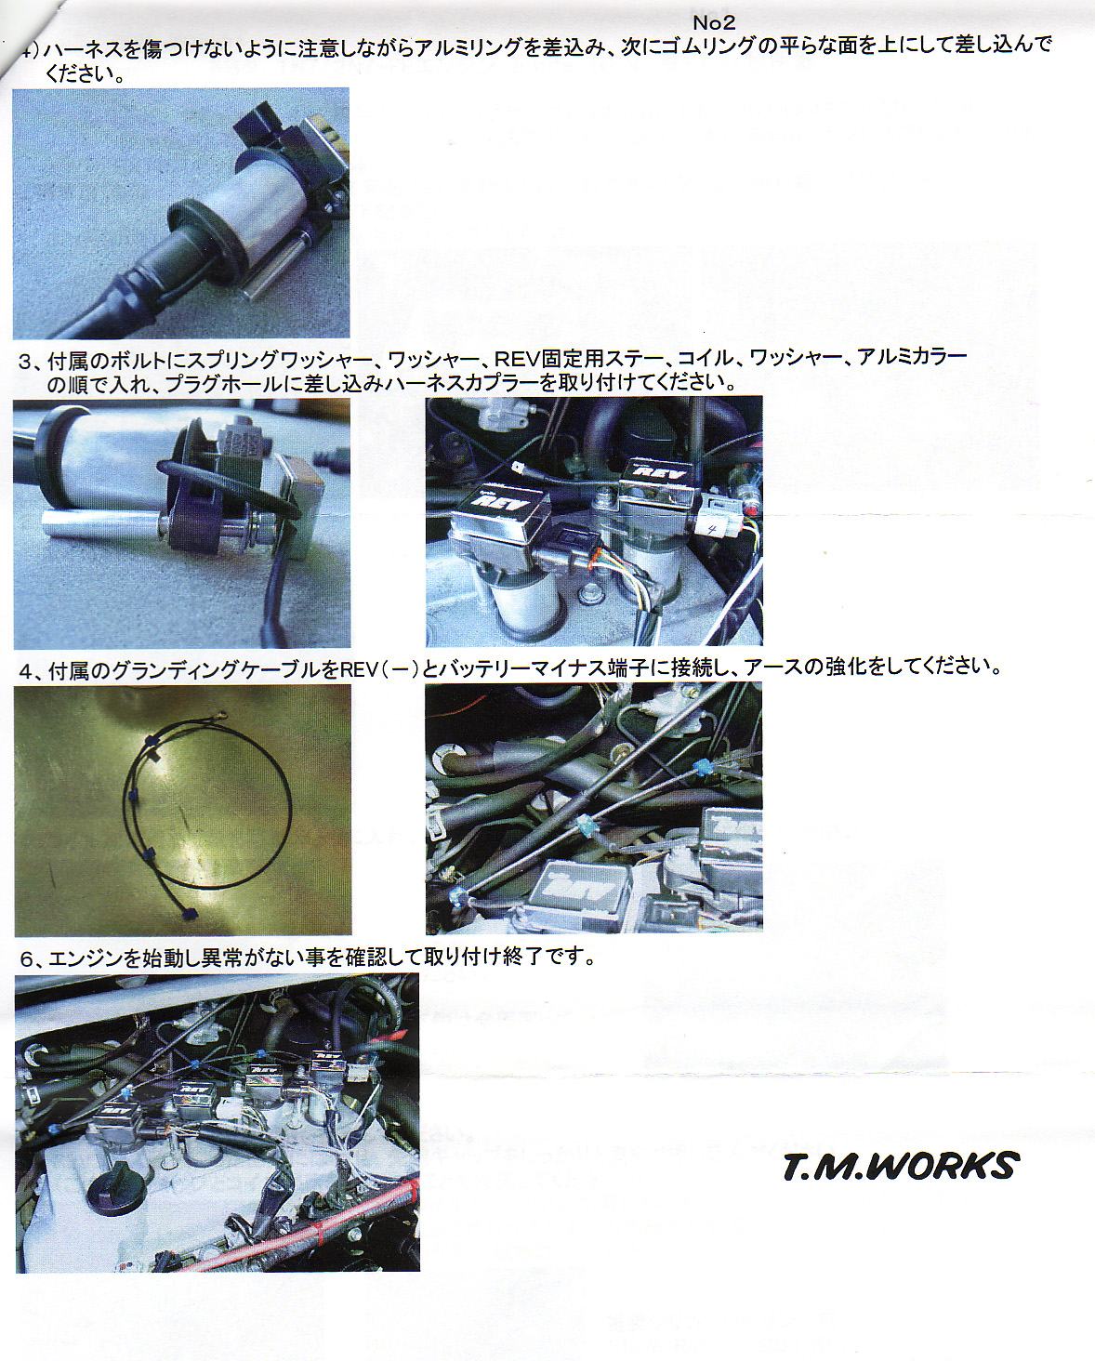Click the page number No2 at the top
[714, 22]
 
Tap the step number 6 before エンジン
[26, 959]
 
